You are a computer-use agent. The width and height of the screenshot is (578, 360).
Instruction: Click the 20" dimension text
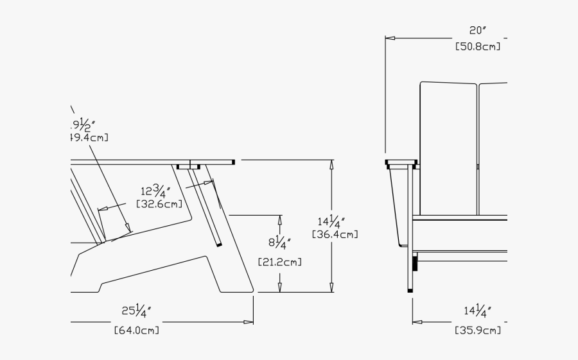[x=477, y=30]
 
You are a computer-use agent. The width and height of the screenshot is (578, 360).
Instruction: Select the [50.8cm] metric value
[x=477, y=46]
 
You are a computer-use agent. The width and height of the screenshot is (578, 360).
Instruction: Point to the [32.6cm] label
[x=159, y=204]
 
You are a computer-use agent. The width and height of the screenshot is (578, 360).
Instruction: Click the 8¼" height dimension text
[x=279, y=243]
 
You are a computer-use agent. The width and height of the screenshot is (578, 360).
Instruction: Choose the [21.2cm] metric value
[x=279, y=262]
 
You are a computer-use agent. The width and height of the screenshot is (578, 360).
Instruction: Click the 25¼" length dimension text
[x=136, y=313]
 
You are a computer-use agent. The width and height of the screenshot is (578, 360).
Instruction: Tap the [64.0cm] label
[x=136, y=330]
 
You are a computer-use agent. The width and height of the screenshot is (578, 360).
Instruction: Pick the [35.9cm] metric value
[x=477, y=330]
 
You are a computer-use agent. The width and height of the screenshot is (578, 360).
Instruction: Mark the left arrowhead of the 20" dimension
[x=389, y=38]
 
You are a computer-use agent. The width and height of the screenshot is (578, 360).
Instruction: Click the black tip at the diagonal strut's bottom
[x=220, y=244]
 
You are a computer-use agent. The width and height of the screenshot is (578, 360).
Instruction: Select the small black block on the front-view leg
[x=415, y=262]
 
